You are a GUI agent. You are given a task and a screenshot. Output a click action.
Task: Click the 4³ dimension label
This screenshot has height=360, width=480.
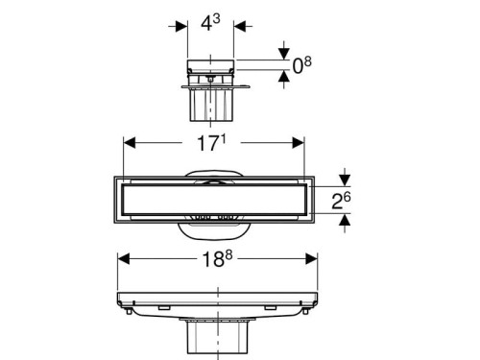tap(210, 23)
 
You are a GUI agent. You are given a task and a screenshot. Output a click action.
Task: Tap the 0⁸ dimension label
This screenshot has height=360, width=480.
tap(302, 65)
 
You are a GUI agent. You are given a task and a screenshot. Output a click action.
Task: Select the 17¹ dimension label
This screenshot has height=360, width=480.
tap(211, 142)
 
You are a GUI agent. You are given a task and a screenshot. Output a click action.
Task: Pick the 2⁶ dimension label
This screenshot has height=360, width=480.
tap(341, 201)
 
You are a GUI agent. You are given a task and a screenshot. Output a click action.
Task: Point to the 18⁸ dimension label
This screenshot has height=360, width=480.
tap(217, 258)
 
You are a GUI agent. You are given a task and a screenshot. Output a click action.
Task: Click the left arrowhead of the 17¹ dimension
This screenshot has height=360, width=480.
tap(130, 143)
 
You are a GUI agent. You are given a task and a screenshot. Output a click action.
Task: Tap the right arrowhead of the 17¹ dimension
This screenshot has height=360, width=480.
tap(299, 143)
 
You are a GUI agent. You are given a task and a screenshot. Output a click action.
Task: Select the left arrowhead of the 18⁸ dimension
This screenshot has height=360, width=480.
tap(124, 258)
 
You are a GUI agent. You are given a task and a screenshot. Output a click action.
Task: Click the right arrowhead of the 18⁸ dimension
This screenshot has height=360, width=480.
tap(311, 258)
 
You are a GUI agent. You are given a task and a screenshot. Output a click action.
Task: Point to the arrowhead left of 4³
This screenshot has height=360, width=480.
tap(181, 26)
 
